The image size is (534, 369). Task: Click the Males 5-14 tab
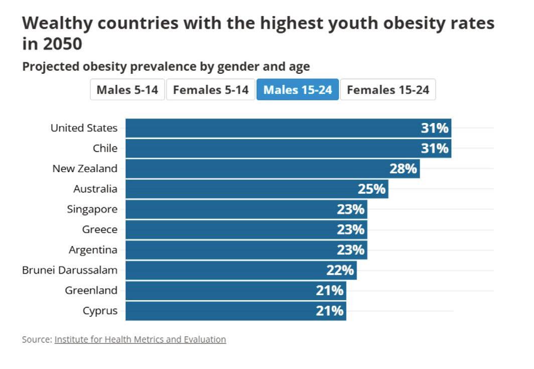[127, 90]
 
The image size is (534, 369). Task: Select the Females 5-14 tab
[211, 90]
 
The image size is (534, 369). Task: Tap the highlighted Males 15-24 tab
[298, 90]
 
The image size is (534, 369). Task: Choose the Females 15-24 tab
[388, 90]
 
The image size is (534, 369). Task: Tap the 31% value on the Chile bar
[435, 149]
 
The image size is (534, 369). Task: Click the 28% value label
[403, 169]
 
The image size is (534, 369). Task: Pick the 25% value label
[371, 189]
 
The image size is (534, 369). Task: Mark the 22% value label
[340, 271]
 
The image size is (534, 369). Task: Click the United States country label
[84, 128]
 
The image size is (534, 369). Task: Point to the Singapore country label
[92, 209]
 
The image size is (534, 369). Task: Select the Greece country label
[100, 230]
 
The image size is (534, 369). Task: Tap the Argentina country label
[93, 250]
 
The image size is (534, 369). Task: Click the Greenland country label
[91, 291]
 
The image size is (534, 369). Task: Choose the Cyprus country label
[100, 311]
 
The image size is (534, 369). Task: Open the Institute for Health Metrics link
[140, 340]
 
